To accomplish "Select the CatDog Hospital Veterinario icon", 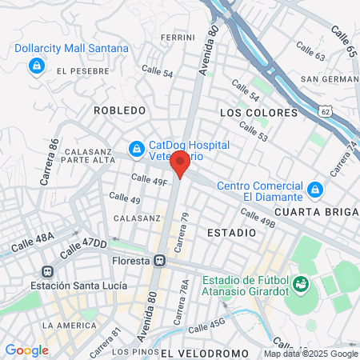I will click(x=137, y=149).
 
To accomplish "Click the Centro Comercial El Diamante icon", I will click(x=315, y=190).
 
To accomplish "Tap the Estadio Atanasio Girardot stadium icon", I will click(x=301, y=284).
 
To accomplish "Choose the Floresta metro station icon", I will click(x=160, y=260).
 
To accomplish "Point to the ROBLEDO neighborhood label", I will click(x=119, y=110).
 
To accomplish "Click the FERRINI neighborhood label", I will click(x=178, y=38).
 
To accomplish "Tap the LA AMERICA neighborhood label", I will click(x=69, y=325).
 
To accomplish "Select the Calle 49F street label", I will click(x=150, y=180).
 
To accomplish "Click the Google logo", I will click(x=26, y=350).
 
